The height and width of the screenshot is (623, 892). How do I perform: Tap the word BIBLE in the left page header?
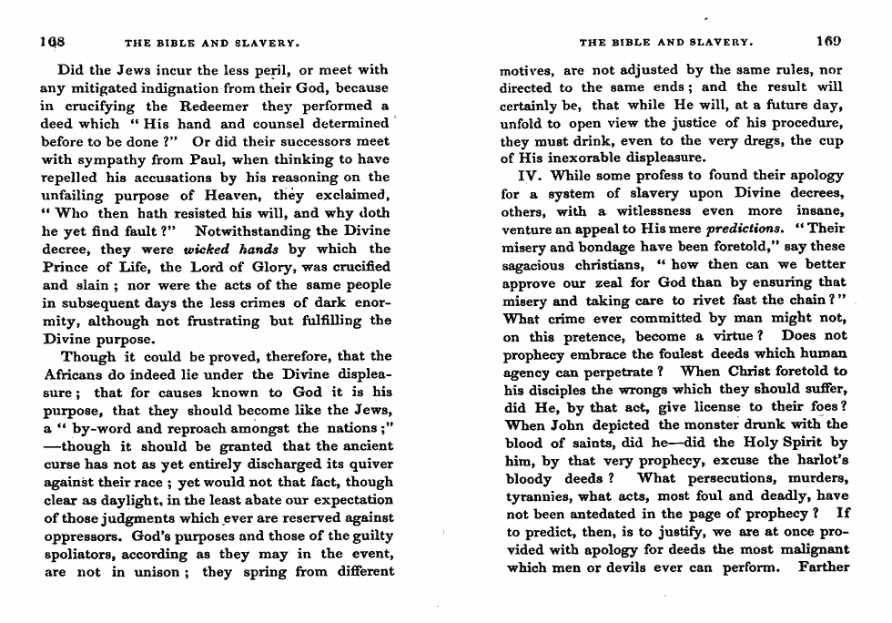point(168,43)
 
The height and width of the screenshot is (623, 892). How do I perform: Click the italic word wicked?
point(204,249)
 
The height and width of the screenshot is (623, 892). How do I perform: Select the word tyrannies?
point(538,496)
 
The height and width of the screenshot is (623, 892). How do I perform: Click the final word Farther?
point(822,568)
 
